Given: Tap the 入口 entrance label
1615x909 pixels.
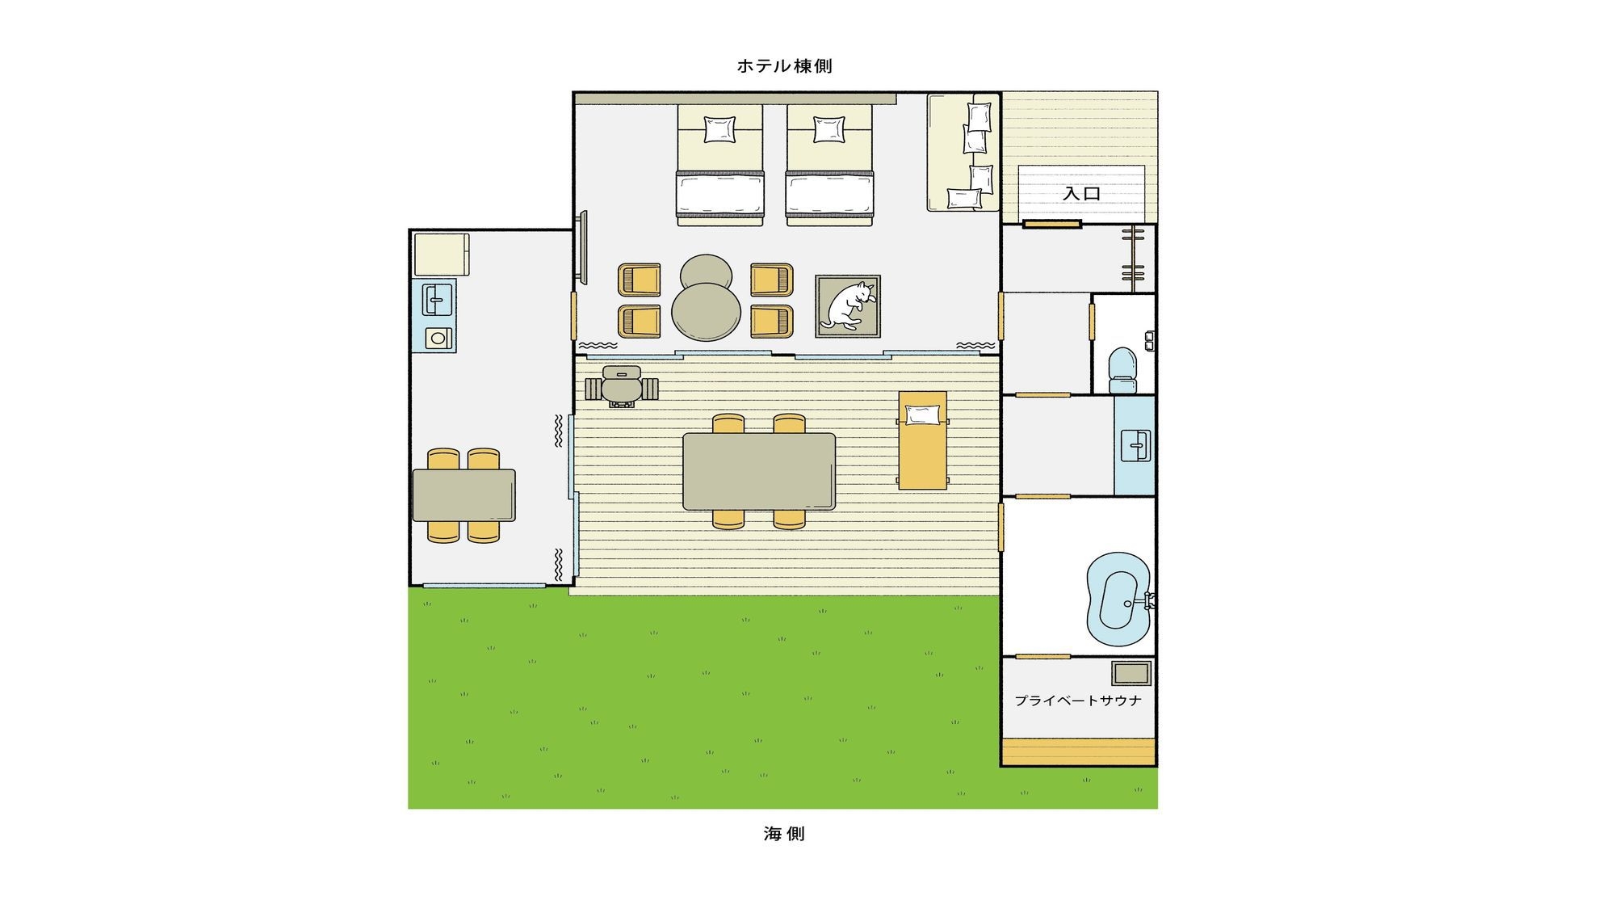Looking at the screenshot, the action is pos(1081,194).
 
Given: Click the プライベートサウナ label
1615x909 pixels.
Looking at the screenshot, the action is pos(1078,701).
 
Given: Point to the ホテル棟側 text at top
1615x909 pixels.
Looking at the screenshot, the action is pos(784,66).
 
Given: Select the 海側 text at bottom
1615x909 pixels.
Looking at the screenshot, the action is pos(784,834).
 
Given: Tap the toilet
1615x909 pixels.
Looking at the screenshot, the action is pos(1122,370).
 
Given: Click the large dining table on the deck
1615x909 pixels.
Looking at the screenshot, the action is pos(759,472).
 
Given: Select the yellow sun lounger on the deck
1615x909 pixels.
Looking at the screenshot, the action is pos(923,440).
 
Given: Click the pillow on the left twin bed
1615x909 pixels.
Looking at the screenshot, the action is pos(719,129).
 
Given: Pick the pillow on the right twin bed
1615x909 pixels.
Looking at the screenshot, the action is pos(829,129).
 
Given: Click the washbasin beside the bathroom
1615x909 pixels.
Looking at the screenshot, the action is pos(1135,445).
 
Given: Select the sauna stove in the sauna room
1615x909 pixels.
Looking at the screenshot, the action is pos(1131,673).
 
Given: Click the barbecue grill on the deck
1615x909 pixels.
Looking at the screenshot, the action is pos(622,386).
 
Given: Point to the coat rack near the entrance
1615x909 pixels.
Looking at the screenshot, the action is pos(1133,258).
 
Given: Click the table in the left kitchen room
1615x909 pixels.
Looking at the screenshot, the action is pos(464,494).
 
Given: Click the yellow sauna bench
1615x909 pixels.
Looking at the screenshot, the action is pos(1079,751).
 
